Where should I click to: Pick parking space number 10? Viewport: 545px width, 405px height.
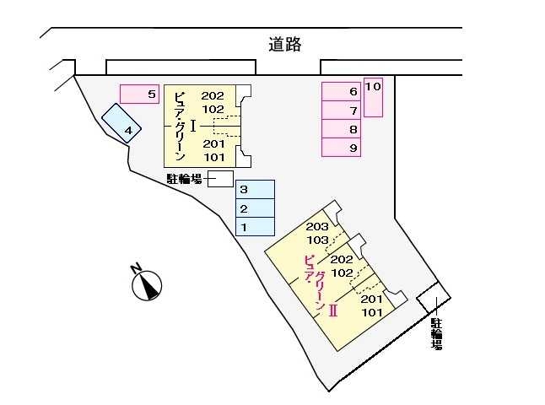pyautogui.click(x=374, y=96)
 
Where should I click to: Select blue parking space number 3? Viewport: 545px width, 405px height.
pyautogui.click(x=255, y=190)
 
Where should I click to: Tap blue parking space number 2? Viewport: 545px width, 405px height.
pyautogui.click(x=255, y=208)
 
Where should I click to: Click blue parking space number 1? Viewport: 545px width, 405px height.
pyautogui.click(x=255, y=227)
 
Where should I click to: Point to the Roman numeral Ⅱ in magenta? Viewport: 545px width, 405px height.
pyautogui.click(x=333, y=310)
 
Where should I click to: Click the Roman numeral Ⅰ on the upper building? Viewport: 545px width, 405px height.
pyautogui.click(x=194, y=126)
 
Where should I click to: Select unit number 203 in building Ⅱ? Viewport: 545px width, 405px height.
pyautogui.click(x=316, y=227)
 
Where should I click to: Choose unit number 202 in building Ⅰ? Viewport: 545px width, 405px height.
pyautogui.click(x=213, y=95)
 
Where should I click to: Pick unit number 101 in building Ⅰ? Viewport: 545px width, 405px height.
pyautogui.click(x=213, y=157)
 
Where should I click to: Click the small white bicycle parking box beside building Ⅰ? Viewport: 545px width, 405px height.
pyautogui.click(x=220, y=178)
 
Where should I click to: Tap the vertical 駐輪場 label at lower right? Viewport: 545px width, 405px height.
pyautogui.click(x=436, y=333)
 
